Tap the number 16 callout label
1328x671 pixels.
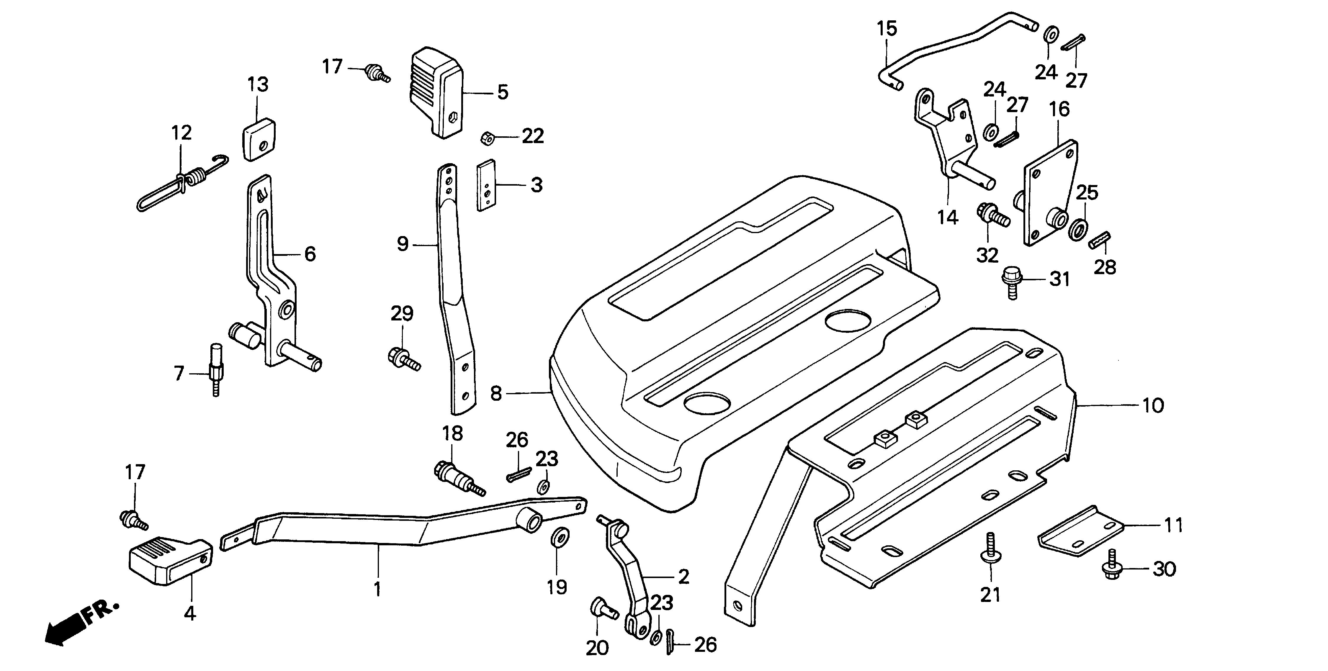[x=1059, y=109]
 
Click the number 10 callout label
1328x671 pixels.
[x=1153, y=406]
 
